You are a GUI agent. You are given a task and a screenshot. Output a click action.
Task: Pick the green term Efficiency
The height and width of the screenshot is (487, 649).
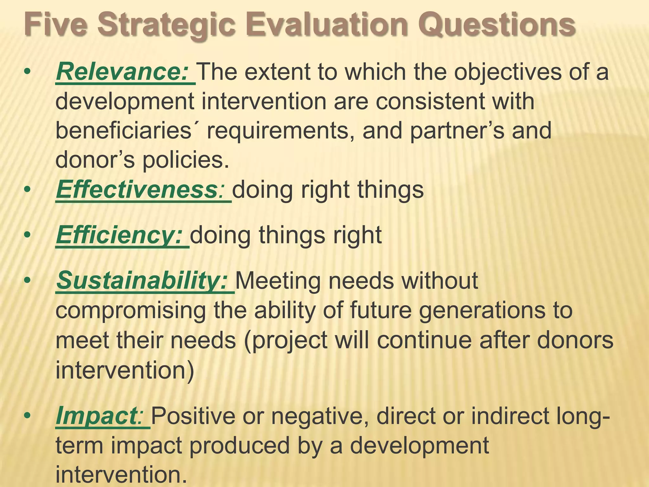point(119,235)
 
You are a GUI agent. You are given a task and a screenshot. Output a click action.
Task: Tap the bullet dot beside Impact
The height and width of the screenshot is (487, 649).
point(28,416)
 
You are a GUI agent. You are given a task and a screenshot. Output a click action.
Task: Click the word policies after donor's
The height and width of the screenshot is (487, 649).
point(185,160)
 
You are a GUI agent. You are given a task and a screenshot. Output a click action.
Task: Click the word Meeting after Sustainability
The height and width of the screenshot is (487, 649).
point(278,281)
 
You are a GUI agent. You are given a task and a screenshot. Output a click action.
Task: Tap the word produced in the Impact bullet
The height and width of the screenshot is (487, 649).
point(240,445)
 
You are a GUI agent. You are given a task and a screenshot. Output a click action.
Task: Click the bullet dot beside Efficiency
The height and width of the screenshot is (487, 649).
point(28,235)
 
